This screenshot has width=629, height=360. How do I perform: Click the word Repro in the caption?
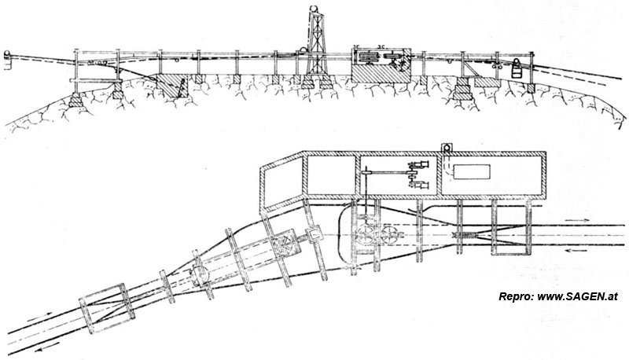(x=516, y=297)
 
